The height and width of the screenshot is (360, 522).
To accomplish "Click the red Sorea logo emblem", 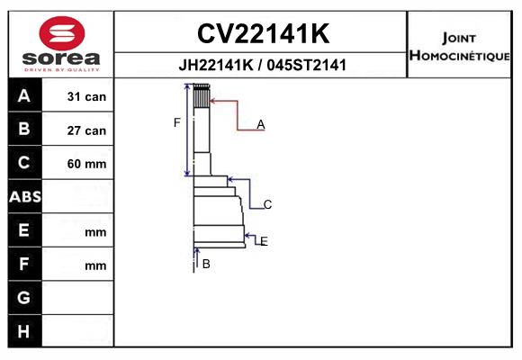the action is click(x=62, y=33).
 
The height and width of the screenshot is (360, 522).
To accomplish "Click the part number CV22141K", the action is click(x=264, y=33).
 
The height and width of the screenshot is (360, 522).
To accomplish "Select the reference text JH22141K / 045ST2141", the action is click(x=263, y=65).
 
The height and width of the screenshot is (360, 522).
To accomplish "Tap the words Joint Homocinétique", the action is click(x=459, y=47).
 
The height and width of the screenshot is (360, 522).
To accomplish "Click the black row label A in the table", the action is click(x=24, y=96).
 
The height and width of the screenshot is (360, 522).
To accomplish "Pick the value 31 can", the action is click(x=86, y=96).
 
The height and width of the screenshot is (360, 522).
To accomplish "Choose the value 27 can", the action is click(x=86, y=130).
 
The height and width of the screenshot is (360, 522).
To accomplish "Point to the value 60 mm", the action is click(x=86, y=164).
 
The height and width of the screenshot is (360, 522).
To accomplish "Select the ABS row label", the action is click(x=25, y=197).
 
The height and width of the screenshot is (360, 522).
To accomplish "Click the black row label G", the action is click(x=23, y=298).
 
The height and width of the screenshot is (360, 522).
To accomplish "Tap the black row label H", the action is click(x=23, y=331).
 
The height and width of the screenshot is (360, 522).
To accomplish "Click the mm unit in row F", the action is click(x=95, y=266).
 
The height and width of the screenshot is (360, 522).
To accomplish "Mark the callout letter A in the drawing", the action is click(x=261, y=125).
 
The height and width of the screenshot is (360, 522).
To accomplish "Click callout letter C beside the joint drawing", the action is click(x=267, y=204).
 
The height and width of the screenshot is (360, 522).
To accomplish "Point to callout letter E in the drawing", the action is click(x=264, y=241).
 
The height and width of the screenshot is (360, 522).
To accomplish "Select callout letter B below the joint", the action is click(x=206, y=264).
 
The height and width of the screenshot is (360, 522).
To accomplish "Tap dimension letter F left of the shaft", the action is click(x=176, y=122).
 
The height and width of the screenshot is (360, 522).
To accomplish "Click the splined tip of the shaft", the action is click(x=202, y=95).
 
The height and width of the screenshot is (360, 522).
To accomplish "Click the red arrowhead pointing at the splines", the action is click(x=213, y=101).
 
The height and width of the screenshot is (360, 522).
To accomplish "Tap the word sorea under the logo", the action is click(x=61, y=58).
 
